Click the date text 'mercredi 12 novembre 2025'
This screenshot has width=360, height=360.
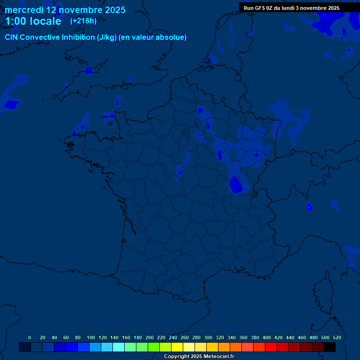click(65, 10)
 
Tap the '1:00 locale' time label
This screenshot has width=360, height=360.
click(33, 21)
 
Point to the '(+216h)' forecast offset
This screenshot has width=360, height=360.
click(83, 21)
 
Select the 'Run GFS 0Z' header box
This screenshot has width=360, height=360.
click(292, 8)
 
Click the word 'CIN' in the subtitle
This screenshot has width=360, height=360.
click(12, 37)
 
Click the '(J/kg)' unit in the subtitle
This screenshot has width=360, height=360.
click(107, 37)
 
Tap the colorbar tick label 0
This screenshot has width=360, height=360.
click(30, 337)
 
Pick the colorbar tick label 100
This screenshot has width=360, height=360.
click(91, 337)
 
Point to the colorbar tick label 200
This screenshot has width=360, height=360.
click(150, 337)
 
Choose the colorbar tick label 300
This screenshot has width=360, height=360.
click(208, 337)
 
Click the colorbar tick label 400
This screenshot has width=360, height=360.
click(267, 337)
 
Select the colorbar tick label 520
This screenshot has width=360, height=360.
click(337, 337)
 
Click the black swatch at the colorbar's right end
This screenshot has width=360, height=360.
click(330, 347)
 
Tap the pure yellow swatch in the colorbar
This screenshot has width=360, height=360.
click(177, 347)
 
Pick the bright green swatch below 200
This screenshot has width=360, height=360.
click(154, 347)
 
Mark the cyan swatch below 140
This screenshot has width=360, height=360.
click(119, 347)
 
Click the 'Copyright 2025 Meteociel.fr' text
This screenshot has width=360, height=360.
click(199, 357)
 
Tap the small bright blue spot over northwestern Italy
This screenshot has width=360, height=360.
click(309, 207)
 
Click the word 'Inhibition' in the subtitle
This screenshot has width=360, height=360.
click(78, 37)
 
